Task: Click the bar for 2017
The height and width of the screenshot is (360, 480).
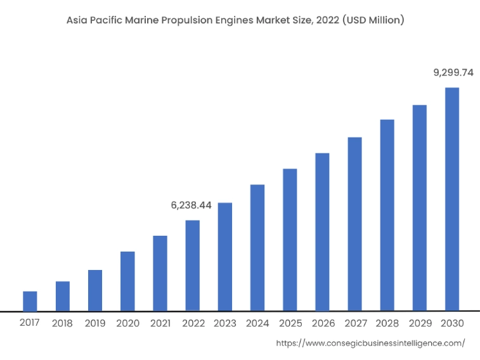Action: point(30,301)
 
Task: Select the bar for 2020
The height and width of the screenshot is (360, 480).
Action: point(127,281)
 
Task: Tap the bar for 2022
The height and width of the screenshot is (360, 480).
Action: point(193,266)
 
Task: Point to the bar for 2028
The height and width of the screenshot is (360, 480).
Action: point(387,215)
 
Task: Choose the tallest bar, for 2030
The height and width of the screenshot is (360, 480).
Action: point(452,199)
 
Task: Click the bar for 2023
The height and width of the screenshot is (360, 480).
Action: point(225,257)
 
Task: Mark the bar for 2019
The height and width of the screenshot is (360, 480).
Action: point(95,290)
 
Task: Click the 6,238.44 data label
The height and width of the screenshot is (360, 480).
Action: point(191,205)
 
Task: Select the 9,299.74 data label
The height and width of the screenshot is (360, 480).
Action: point(453,73)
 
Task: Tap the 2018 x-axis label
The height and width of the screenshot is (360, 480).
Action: point(62,323)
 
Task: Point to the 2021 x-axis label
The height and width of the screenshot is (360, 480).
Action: point(160,323)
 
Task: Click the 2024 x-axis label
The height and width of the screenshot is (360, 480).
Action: point(257,323)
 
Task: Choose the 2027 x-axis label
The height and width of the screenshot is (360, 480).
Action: point(355,323)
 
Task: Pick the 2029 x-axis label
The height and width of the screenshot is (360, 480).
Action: point(420,323)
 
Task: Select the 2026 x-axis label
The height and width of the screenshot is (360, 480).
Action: point(323,323)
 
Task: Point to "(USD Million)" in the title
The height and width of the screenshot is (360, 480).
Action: point(373,20)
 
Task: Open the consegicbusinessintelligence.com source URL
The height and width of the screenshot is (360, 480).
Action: point(371,344)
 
